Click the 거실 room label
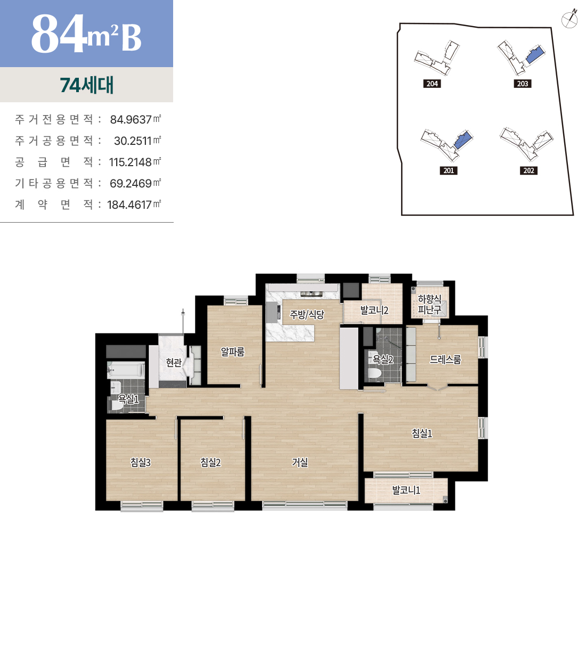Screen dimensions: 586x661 (x=299, y=462)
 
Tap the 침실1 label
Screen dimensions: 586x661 (x=422, y=433)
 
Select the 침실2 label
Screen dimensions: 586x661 (x=210, y=462)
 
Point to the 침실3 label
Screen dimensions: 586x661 (x=140, y=462)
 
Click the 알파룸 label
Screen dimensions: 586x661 (x=232, y=352)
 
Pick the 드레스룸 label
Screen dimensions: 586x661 (x=445, y=360)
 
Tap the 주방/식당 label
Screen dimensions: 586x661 (x=307, y=314)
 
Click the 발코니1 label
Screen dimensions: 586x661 (x=406, y=490)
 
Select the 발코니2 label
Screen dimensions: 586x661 (x=375, y=310)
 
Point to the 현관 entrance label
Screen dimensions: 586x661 (x=174, y=363)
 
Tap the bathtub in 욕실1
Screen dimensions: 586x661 (x=126, y=370)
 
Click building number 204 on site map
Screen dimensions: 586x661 (x=432, y=84)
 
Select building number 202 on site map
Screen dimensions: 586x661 (x=528, y=170)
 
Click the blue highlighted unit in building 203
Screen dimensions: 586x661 (x=535, y=54)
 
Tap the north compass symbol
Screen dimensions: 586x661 (x=569, y=20)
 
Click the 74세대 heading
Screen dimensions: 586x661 (x=87, y=85)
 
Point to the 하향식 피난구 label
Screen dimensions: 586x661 (x=429, y=304)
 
